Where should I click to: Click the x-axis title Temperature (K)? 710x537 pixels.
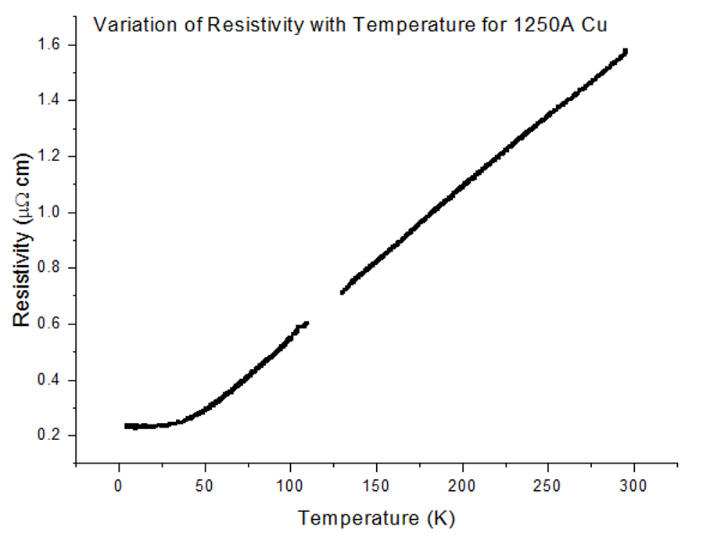tap(376, 517)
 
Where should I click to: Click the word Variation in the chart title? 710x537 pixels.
tap(127, 24)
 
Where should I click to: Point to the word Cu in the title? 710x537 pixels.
tap(597, 24)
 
